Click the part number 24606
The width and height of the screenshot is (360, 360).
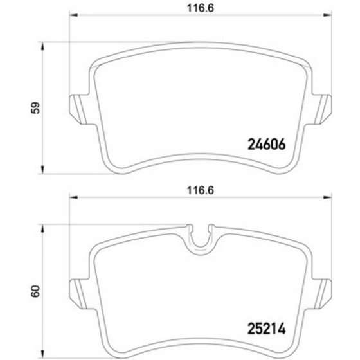(267, 145)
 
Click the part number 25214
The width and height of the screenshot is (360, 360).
(267, 328)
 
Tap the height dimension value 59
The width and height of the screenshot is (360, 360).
(35, 108)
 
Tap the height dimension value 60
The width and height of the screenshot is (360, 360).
(35, 292)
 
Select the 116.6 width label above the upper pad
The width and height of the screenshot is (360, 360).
(201, 8)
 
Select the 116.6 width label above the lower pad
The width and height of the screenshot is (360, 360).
(201, 190)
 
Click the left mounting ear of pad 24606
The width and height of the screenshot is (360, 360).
(79, 109)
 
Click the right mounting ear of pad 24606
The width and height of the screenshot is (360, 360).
(322, 109)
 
